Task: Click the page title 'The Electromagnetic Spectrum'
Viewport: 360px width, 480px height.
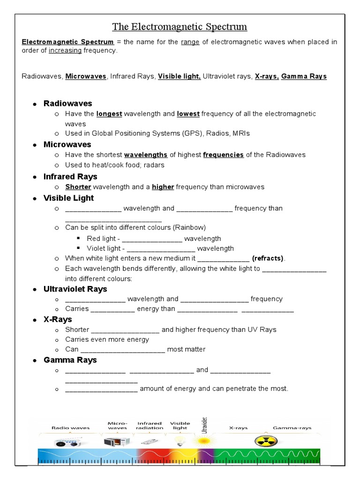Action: [180, 27]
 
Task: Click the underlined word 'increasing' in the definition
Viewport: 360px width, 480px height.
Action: [65, 51]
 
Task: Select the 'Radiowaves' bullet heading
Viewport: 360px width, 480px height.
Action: [67, 103]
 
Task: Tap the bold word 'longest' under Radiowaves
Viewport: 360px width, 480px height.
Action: [109, 114]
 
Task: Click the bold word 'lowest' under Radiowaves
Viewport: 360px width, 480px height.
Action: [188, 114]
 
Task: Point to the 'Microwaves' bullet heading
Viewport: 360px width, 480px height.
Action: [67, 144]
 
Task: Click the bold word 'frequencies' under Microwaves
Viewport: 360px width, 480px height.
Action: [223, 155]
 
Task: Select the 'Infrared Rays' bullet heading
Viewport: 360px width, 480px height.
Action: [70, 177]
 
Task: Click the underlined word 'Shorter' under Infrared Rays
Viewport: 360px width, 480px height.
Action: [78, 187]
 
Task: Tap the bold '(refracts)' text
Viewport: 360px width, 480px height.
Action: [268, 259]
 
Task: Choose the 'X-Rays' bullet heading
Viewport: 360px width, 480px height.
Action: [58, 320]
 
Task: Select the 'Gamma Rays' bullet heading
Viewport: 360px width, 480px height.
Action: [70, 360]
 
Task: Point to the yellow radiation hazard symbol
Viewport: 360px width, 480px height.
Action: [265, 441]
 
